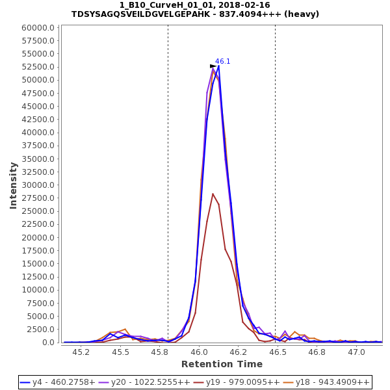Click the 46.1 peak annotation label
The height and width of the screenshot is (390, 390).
click(x=223, y=62)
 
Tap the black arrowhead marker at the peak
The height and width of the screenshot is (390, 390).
click(x=213, y=66)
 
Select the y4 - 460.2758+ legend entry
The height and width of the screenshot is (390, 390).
click(x=55, y=382)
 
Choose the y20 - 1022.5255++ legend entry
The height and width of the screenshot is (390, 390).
click(x=146, y=382)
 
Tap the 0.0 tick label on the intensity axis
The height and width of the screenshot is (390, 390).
click(x=49, y=343)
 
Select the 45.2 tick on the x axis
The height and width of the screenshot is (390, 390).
click(x=81, y=352)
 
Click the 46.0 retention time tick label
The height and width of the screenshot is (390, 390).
click(x=200, y=352)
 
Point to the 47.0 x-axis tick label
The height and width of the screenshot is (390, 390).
click(x=357, y=352)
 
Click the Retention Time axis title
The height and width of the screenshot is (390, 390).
click(x=222, y=364)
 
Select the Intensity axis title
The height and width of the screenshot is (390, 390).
click(x=13, y=185)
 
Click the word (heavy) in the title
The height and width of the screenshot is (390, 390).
click(x=302, y=14)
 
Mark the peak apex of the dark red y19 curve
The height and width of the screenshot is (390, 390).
click(x=213, y=193)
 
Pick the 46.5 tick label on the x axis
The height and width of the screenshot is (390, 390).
click(x=278, y=352)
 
